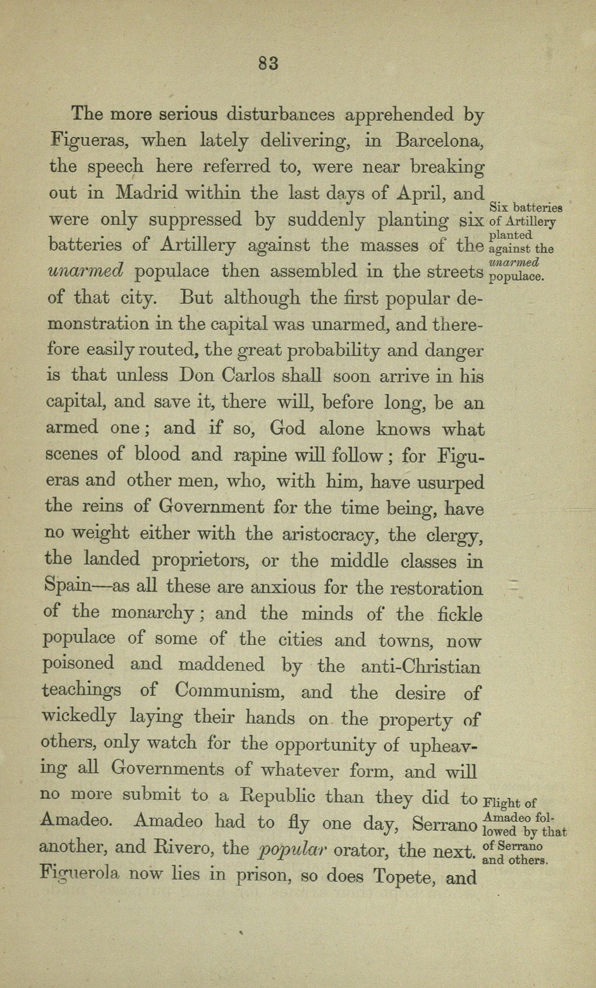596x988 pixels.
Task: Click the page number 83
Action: point(269,63)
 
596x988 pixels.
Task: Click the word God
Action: point(288,428)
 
